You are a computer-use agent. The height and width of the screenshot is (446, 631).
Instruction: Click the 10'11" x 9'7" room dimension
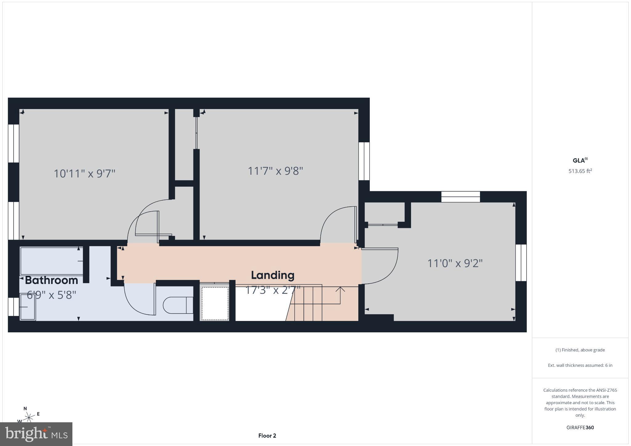[x=84, y=174]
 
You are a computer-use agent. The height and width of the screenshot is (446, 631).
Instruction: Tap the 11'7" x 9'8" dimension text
[x=275, y=171]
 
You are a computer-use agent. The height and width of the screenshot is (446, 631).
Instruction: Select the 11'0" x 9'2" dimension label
[x=455, y=263]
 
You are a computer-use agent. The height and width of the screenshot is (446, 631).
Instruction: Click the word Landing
[x=273, y=275]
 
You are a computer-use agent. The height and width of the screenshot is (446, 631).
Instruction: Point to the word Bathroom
[x=51, y=280]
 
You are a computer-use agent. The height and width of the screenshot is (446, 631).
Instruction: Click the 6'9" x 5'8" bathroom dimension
[x=51, y=295]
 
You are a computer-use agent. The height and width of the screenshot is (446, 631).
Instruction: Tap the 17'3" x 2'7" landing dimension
[x=273, y=290]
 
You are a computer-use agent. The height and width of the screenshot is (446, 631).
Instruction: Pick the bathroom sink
[x=28, y=307]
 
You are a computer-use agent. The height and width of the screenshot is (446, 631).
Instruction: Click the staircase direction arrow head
[x=340, y=289]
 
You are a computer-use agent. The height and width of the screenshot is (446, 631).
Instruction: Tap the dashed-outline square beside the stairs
[x=215, y=304]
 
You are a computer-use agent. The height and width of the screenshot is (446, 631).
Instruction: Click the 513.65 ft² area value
[x=580, y=171]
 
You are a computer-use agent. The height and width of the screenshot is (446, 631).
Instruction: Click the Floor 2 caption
[x=267, y=436]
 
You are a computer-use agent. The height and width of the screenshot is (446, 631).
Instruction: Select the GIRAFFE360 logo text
[x=580, y=428]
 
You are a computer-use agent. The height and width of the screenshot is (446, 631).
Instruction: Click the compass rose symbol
[x=29, y=418]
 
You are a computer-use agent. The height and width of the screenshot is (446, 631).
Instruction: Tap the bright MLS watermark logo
[x=36, y=434]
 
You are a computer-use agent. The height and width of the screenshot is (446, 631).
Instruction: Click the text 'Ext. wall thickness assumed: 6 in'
[x=580, y=365]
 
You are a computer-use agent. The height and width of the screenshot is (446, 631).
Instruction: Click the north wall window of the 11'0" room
[x=461, y=197]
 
